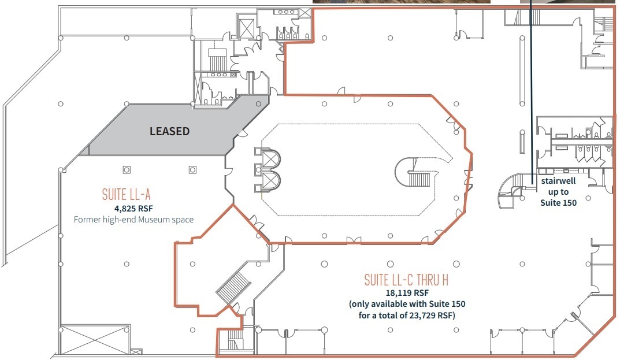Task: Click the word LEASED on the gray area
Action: [x=169, y=131]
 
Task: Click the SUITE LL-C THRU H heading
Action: [x=407, y=280]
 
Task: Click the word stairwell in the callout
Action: [x=558, y=181]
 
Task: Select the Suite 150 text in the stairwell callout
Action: [x=558, y=202]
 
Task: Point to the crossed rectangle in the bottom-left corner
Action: [x=95, y=339]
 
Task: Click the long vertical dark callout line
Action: [x=531, y=87]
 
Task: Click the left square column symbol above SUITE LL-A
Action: [x=127, y=170]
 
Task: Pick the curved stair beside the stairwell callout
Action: [x=511, y=191]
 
